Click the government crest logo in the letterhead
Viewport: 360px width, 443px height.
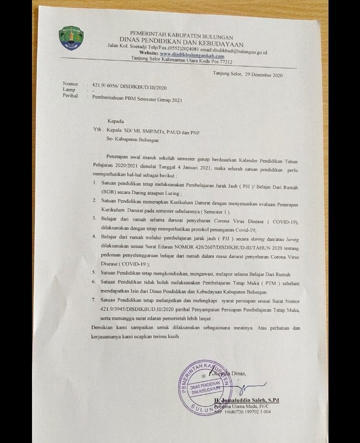click(x=71, y=38)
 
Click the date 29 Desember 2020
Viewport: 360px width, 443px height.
click(x=264, y=75)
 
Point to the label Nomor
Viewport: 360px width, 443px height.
click(x=70, y=83)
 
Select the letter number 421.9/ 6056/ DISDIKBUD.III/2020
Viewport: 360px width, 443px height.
click(x=129, y=86)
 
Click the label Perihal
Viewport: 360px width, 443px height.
click(x=70, y=95)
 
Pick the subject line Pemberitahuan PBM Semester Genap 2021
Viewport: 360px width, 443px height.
click(x=137, y=99)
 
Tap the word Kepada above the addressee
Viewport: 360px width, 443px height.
click(x=115, y=121)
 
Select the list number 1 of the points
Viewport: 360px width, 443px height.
click(x=95, y=183)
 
